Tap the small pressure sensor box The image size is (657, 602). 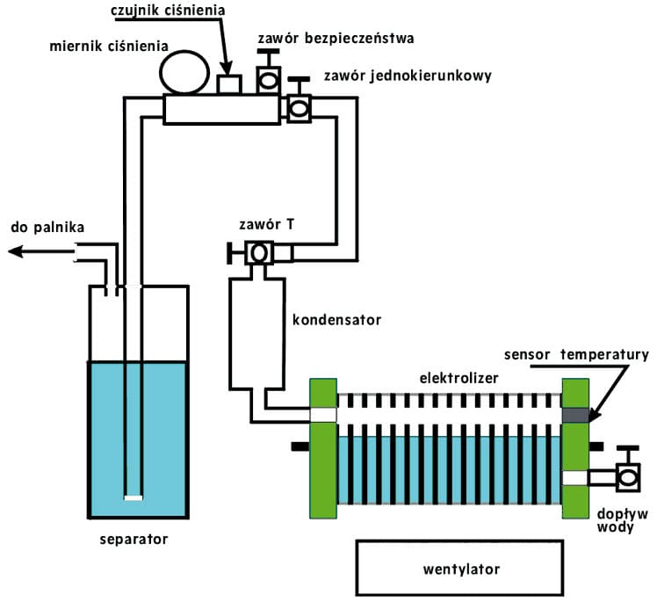click(x=229, y=84)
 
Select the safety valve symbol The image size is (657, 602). click(x=268, y=71)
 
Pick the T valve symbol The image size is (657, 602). click(x=256, y=253)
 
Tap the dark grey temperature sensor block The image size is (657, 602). click(x=575, y=415)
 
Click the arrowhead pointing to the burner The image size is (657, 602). click(x=15, y=251)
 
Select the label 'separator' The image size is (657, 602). click(x=134, y=539)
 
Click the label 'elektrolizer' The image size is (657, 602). click(x=458, y=378)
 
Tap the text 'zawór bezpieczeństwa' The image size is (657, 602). click(x=336, y=38)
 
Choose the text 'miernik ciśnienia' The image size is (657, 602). click(x=109, y=46)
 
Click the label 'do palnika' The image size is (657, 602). click(x=47, y=228)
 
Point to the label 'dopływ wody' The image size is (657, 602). click(x=622, y=520)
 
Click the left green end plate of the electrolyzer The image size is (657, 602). click(x=323, y=448)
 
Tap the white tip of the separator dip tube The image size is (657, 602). click(x=134, y=498)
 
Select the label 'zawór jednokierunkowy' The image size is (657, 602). click(x=408, y=76)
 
